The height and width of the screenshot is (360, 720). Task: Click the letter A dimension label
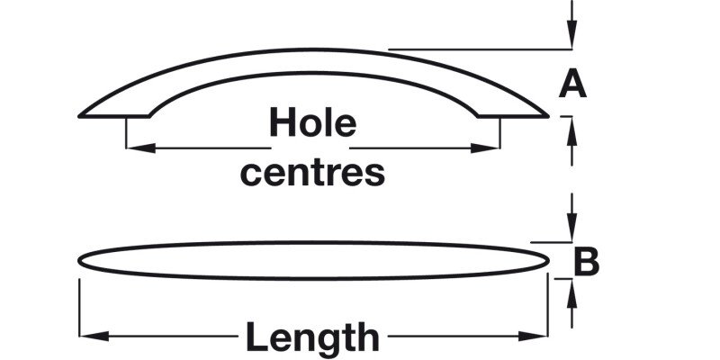click(572, 84)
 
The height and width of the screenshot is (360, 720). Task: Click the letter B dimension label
click(587, 262)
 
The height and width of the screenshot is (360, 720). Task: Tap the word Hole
click(313, 123)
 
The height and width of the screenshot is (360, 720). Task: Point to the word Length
click(313, 337)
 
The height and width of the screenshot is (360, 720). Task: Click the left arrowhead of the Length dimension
click(87, 337)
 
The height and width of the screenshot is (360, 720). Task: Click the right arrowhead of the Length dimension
click(540, 337)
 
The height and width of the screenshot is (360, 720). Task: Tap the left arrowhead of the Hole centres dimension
click(133, 148)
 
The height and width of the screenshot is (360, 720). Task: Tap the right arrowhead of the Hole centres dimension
click(492, 148)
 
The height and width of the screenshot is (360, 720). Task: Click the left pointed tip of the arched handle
click(82, 115)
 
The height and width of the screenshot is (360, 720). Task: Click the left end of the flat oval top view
click(80, 260)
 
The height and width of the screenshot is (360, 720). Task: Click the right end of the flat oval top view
click(548, 260)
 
